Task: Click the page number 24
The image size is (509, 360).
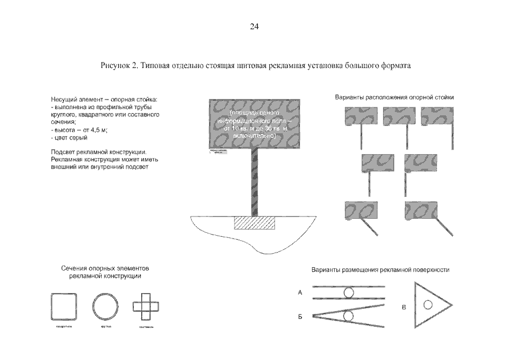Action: pyautogui.click(x=254, y=26)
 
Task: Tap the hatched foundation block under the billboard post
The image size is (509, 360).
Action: pyautogui.click(x=255, y=222)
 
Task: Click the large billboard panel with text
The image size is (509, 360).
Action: pyautogui.click(x=250, y=124)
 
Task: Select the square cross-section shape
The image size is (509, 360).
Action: pyautogui.click(x=63, y=307)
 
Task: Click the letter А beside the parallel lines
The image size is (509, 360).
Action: pyautogui.click(x=300, y=293)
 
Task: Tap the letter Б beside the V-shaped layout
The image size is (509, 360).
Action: pyautogui.click(x=300, y=317)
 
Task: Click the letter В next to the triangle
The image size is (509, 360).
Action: pyautogui.click(x=404, y=307)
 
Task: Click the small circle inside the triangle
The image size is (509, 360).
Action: pyautogui.click(x=427, y=305)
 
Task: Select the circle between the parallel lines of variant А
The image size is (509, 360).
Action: pyautogui.click(x=349, y=292)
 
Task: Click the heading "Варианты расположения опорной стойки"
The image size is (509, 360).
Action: pyautogui.click(x=394, y=97)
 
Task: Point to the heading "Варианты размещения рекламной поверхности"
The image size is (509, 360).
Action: pyautogui.click(x=381, y=270)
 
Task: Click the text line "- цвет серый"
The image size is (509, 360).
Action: pyautogui.click(x=69, y=137)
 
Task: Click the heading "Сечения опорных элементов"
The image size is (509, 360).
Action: pyautogui.click(x=105, y=269)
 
